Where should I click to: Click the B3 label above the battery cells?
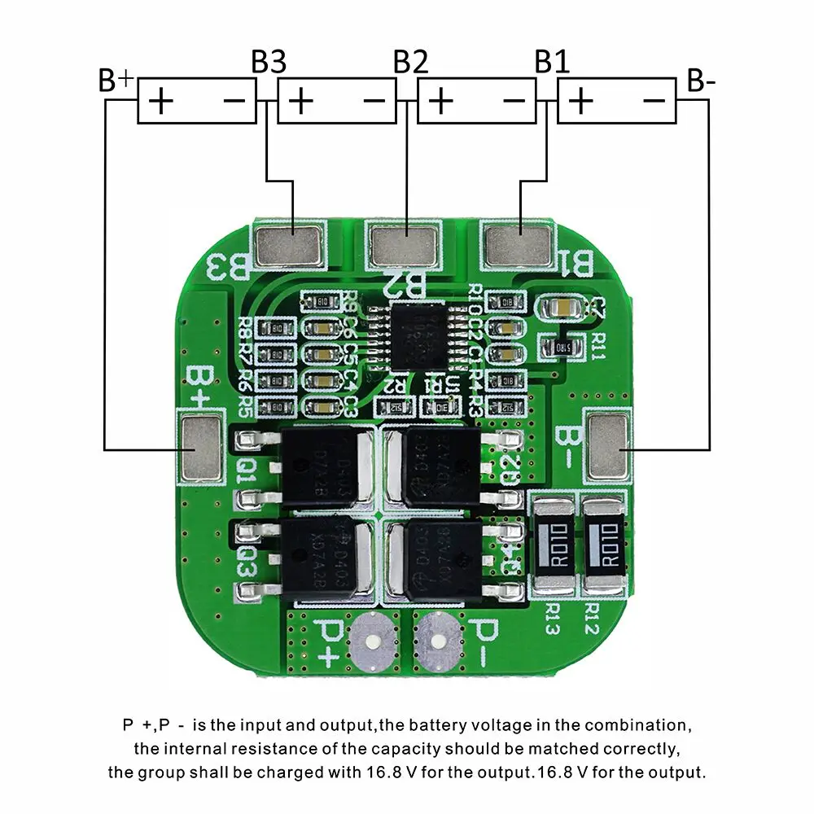(x=269, y=62)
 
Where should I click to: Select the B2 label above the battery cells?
(x=410, y=62)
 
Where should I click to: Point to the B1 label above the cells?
(x=551, y=62)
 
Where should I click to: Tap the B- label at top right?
(x=701, y=81)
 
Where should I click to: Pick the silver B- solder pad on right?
(x=608, y=446)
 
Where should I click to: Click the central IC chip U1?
(x=418, y=335)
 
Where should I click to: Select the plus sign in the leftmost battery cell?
(x=161, y=101)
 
